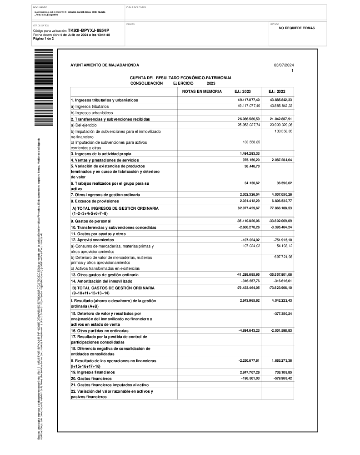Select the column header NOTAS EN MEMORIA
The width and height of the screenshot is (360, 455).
tap(202, 91)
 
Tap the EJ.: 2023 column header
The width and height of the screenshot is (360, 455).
tap(242, 91)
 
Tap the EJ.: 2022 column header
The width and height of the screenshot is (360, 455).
tap(277, 91)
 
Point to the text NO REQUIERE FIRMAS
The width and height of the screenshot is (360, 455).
tap(297, 28)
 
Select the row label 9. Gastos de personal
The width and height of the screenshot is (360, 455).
tap(90, 221)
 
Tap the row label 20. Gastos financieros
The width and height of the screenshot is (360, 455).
tap(91, 379)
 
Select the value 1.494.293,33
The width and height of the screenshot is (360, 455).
tap(249, 154)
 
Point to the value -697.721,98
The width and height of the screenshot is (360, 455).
tap(282, 257)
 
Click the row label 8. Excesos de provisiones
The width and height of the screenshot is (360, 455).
tap(95, 201)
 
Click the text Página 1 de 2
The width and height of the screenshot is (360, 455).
tap(44, 39)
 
